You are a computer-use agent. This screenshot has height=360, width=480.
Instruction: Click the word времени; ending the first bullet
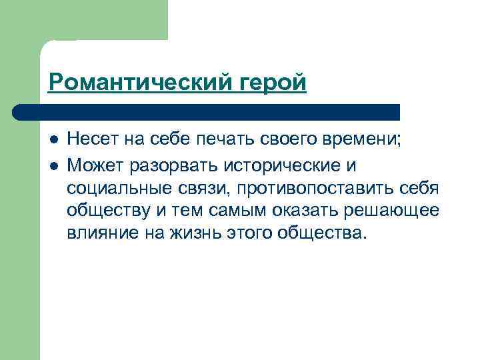[x=371, y=140]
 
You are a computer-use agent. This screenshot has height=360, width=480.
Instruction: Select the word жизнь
[x=187, y=234]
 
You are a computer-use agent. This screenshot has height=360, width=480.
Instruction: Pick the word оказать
[x=303, y=211]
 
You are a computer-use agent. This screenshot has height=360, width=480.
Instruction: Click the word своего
[x=293, y=140]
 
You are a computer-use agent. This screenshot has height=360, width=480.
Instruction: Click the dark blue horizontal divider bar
[x=207, y=111]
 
